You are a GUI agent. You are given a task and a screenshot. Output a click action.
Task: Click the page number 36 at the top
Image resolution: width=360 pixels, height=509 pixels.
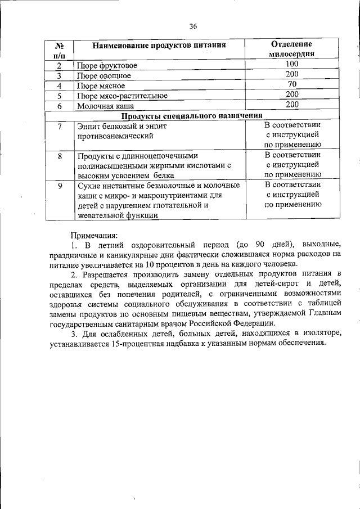point(193,26)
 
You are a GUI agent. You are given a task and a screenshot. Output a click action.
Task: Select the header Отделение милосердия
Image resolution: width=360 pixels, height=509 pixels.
point(292,49)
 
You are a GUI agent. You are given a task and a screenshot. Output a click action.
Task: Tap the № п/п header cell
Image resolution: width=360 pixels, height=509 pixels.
point(59,49)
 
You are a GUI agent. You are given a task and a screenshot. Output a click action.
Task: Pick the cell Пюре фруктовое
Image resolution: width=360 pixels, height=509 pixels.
point(107,66)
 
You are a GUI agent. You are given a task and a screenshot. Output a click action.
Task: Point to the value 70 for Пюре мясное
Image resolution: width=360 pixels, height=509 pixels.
point(291,85)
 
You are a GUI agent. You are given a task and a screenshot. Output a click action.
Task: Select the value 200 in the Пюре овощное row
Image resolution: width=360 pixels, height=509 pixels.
point(291,75)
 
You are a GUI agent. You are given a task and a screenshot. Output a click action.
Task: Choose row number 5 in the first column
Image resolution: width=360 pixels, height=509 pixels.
point(59,96)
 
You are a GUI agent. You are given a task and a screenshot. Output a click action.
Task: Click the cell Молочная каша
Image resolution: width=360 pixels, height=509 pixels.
point(105,106)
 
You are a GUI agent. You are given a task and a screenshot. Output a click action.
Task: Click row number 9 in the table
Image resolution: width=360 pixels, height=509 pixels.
point(59,185)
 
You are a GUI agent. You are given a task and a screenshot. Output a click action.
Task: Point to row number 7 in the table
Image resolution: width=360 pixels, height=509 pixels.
point(59,126)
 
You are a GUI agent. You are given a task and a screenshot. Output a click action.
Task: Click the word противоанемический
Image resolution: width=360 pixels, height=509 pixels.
point(115,136)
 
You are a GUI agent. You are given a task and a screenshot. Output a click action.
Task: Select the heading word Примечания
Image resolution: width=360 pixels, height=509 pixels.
point(94,235)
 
